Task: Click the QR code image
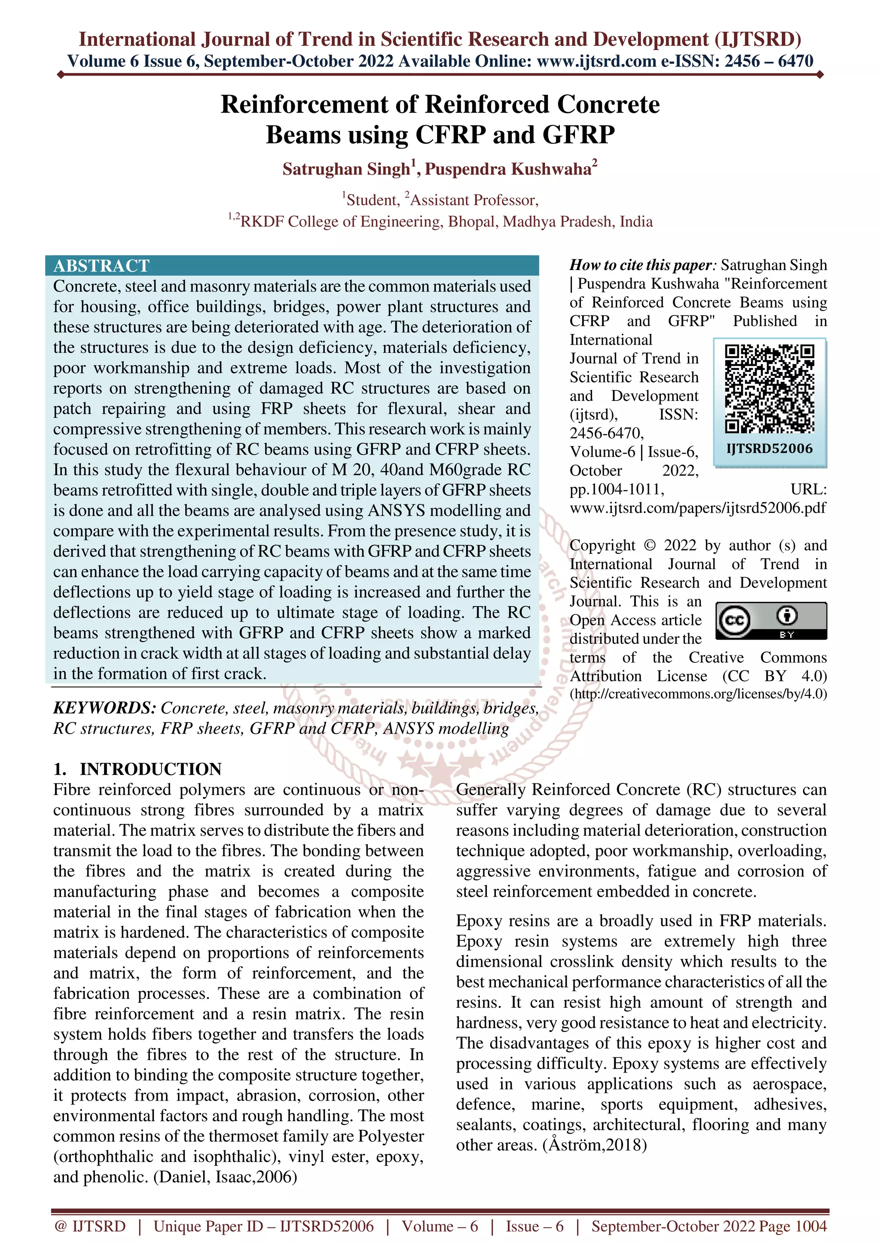coord(770,388)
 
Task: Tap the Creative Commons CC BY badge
coord(771,620)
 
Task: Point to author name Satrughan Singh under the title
coord(346,169)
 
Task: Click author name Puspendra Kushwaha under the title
coord(507,169)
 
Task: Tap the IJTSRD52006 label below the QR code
coord(770,449)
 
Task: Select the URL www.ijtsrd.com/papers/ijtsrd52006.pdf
coord(698,508)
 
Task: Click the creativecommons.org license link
coord(698,694)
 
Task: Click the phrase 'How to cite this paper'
coord(640,265)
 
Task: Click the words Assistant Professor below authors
coord(474,200)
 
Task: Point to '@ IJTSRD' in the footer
coord(90,1227)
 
